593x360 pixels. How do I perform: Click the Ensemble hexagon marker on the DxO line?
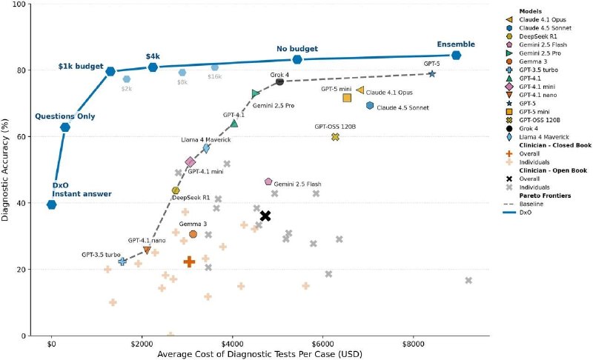[456, 56]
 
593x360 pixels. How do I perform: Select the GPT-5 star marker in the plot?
[432, 74]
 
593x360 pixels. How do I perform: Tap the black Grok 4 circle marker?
[280, 81]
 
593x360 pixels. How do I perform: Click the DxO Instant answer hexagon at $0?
[52, 204]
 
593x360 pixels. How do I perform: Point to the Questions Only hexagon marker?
[65, 127]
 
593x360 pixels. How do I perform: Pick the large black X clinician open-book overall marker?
[265, 216]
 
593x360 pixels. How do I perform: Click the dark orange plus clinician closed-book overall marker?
[189, 261]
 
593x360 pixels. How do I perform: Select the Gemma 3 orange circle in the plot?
[193, 234]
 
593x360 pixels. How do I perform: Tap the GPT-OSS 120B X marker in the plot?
[335, 137]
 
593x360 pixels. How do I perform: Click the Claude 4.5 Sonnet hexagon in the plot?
[370, 106]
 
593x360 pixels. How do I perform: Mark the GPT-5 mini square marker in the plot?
[347, 98]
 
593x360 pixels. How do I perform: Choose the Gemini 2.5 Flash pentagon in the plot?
[268, 181]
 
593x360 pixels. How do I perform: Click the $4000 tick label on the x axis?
[232, 344]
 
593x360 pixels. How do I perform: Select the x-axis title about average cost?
[260, 354]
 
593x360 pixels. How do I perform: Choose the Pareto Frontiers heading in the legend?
[545, 196]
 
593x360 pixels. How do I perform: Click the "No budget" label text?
[297, 49]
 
